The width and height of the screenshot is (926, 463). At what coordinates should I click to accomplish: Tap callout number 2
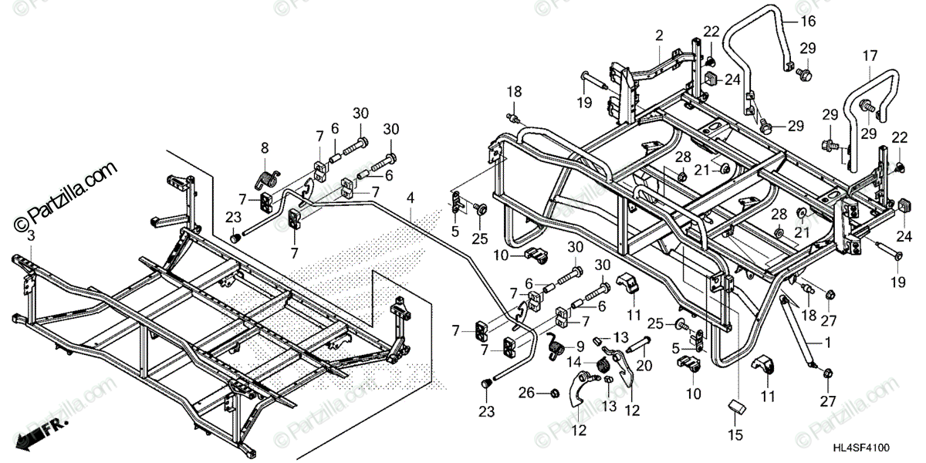click(659, 35)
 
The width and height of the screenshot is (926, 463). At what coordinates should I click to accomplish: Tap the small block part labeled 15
click(735, 406)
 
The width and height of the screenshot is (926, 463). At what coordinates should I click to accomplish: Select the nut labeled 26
click(554, 394)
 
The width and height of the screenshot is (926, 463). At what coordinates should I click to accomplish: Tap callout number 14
click(573, 361)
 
